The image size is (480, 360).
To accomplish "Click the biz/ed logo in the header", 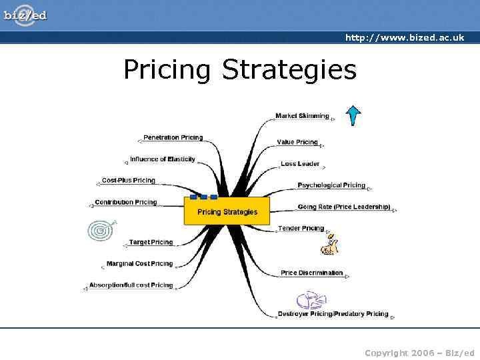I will pyautogui.click(x=25, y=15).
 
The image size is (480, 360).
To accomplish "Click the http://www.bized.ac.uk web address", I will pyautogui.click(x=404, y=38).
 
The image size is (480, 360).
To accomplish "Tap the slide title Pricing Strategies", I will pyautogui.click(x=240, y=69).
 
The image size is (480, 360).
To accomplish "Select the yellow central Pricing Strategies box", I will pyautogui.click(x=227, y=211).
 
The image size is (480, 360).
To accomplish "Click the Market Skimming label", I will pyautogui.click(x=302, y=116).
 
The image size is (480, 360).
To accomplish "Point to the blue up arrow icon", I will pyautogui.click(x=353, y=115).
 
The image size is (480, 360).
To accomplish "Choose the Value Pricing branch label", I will pyautogui.click(x=297, y=142).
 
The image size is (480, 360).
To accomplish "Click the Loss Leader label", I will pyautogui.click(x=300, y=163).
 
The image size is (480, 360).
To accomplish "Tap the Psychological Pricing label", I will pyautogui.click(x=331, y=185).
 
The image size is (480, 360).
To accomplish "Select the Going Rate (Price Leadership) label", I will pyautogui.click(x=344, y=207).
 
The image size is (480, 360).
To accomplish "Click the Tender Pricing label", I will pyautogui.click(x=301, y=228).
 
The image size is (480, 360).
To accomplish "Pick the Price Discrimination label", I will pyautogui.click(x=312, y=273).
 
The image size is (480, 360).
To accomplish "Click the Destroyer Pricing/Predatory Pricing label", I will pyautogui.click(x=333, y=313).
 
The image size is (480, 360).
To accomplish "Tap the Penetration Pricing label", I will pyautogui.click(x=173, y=137).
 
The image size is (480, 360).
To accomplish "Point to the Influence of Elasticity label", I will pyautogui.click(x=163, y=159).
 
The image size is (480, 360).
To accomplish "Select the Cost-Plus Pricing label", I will pyautogui.click(x=129, y=180).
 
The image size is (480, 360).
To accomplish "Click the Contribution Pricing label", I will pyautogui.click(x=126, y=202).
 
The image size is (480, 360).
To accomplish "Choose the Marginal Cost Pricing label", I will pyautogui.click(x=139, y=263).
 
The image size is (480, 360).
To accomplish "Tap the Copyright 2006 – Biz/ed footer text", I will pyautogui.click(x=419, y=353).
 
